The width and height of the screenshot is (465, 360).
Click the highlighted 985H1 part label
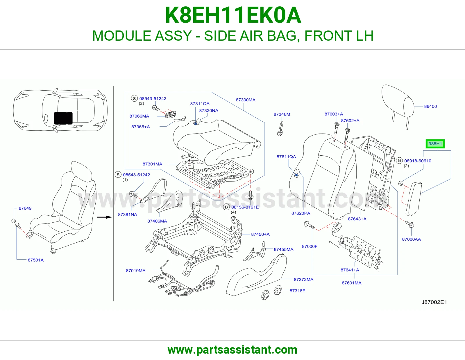tap(435, 144)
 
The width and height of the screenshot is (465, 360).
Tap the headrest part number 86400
tap(430, 106)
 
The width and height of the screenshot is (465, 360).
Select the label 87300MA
tap(246, 100)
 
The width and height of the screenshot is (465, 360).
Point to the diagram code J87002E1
tap(434, 302)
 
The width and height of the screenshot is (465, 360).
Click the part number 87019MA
tap(135, 271)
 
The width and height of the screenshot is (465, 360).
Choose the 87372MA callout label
tap(303, 279)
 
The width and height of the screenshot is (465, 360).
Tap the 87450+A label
tap(260, 234)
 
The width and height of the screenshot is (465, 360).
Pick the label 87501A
tap(35, 260)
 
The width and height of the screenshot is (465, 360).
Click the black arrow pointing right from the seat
tap(104, 217)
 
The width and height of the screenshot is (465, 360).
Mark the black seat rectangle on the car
tap(63, 118)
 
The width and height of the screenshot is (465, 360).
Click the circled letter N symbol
tap(399, 161)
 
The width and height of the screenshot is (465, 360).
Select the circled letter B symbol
tap(226, 207)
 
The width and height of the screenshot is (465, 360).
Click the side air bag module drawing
tap(414, 199)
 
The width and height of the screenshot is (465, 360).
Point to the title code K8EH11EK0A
tap(233, 15)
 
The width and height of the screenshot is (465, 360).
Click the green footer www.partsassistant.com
tap(233, 350)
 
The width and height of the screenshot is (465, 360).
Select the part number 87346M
tap(282, 114)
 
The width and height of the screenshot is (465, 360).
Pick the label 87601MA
tap(352, 283)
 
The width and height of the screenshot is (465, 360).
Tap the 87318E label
tap(297, 291)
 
